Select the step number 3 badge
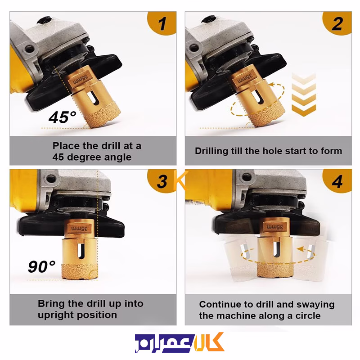162,181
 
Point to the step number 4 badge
337,181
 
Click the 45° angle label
62,117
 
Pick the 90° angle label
41,266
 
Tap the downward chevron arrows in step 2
304,94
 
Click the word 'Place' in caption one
66,146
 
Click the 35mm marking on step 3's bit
80,229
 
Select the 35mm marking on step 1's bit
81,80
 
